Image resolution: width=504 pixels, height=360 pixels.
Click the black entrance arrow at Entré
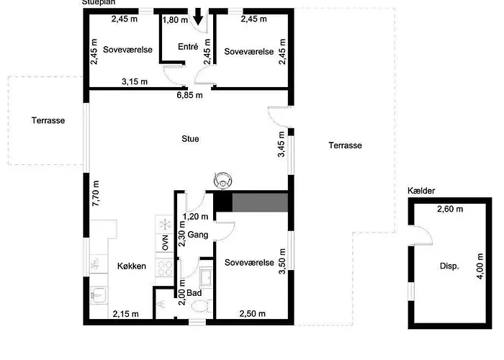coord(198,17)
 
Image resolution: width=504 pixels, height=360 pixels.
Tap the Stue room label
coord(190,139)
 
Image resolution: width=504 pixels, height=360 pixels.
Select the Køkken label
coord(132,266)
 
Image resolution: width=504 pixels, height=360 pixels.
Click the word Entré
coord(188,47)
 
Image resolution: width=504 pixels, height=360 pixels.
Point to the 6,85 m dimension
coord(189,95)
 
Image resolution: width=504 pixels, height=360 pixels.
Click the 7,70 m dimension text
coord(96,194)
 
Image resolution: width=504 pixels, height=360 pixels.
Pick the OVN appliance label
coord(165,243)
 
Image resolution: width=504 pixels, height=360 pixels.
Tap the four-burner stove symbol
coord(165,269)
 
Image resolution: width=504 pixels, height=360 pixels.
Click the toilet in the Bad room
coord(202,306)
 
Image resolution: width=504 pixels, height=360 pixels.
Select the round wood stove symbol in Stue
coord(222,180)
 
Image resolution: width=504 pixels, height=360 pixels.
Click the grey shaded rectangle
coord(260,202)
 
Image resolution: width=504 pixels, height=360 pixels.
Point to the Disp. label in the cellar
coord(449,266)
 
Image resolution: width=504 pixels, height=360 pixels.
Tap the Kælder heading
coord(421,191)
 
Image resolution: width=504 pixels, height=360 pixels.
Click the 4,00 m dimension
coord(480,266)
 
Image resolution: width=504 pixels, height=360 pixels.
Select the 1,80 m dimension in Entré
coord(175,20)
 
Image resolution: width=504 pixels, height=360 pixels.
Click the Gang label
coord(198,235)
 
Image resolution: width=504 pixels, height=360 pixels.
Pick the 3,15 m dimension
coord(135,81)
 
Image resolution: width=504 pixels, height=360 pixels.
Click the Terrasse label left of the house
coord(48,120)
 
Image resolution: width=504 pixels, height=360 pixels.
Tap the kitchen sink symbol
coord(99,295)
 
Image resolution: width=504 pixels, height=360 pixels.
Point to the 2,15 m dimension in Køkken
coord(126,314)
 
